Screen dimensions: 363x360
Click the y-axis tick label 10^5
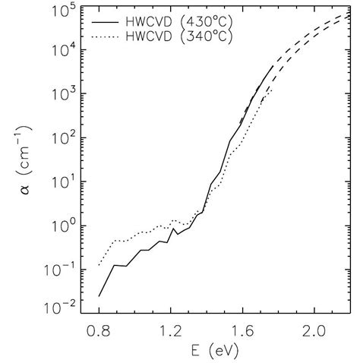[x=63, y=11]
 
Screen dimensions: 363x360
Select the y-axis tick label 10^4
[x=63, y=51]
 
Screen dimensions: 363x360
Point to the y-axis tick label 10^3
[x=63, y=95]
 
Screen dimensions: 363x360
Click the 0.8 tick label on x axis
[x=99, y=330]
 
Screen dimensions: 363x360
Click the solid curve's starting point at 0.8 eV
[x=99, y=295]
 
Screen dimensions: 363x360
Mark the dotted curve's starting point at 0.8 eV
[x=99, y=266]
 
